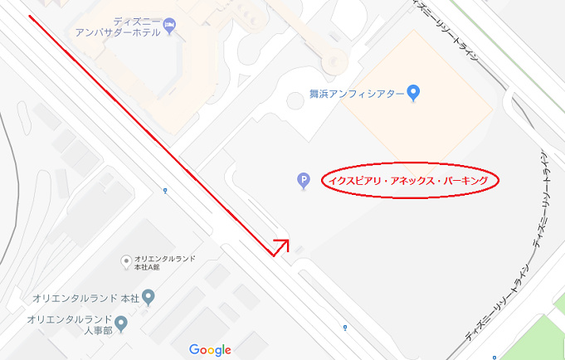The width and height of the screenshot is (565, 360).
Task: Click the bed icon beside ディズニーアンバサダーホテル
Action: pos(169,23)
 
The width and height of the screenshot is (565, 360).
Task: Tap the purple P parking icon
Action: pos(304,180)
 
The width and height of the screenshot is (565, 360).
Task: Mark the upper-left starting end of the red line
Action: pos(30,17)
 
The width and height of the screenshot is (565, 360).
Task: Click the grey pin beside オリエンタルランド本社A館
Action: pos(126,262)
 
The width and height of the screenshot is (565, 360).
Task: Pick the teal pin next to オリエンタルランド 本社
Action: pos(149,296)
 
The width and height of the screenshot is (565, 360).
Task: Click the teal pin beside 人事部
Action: pos(122,323)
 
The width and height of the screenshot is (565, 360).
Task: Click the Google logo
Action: pos(210,349)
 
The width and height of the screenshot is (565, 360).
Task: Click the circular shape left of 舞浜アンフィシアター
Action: pos(295,100)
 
